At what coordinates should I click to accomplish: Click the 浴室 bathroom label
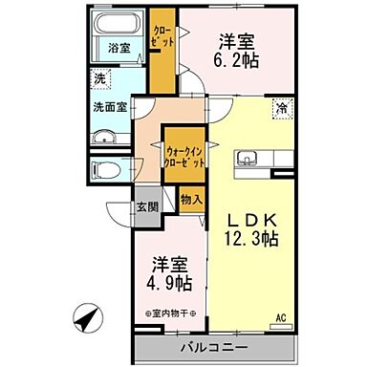(x=119, y=47)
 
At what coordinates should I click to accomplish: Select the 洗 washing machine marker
(x=99, y=80)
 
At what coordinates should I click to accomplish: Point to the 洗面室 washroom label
(x=111, y=108)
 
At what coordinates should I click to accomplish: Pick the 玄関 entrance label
(x=146, y=206)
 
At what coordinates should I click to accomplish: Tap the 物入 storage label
(x=190, y=200)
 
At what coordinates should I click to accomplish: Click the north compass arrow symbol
(x=89, y=317)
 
